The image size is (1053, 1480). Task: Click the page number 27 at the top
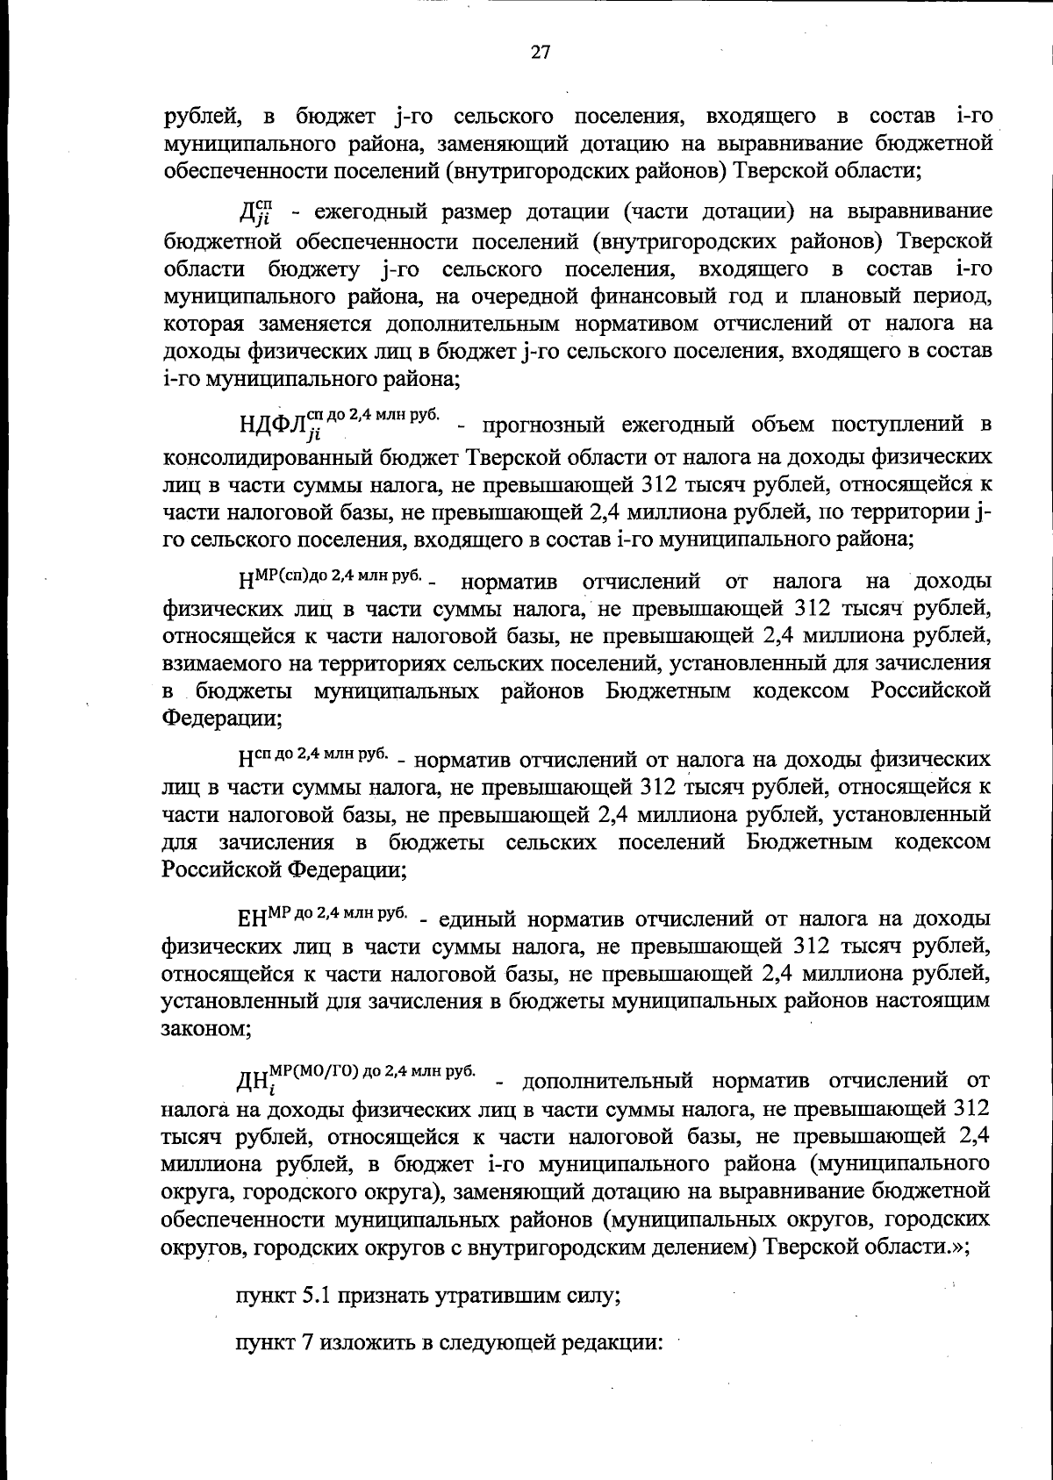(x=540, y=52)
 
